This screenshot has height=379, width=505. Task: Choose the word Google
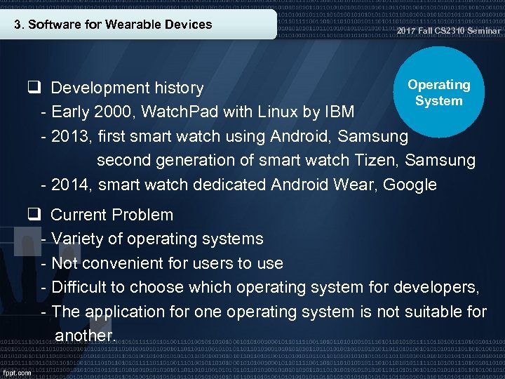[411, 185]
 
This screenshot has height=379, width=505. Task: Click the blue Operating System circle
[438, 92]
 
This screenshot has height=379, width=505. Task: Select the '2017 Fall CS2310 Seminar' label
[448, 32]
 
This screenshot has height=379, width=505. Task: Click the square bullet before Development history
[33, 88]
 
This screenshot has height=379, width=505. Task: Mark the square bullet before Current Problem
[33, 214]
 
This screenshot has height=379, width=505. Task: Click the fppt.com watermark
[17, 373]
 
